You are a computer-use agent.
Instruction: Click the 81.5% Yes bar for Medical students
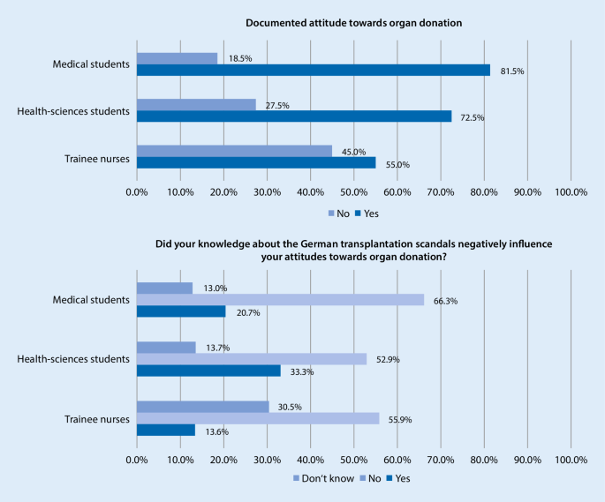pyautogui.click(x=314, y=70)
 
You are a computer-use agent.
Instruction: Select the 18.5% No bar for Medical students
pyautogui.click(x=177, y=58)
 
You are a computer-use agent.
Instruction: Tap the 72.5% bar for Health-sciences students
pyautogui.click(x=294, y=116)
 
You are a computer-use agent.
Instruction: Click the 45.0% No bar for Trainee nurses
pyautogui.click(x=234, y=150)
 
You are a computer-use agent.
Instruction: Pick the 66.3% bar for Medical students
pyautogui.click(x=280, y=300)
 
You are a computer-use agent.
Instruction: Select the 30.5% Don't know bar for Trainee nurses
pyautogui.click(x=203, y=407)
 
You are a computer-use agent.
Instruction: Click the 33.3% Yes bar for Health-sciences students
pyautogui.click(x=208, y=371)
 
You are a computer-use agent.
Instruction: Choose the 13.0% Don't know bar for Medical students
pyautogui.click(x=164, y=288)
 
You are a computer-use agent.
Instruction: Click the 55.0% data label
pyautogui.click(x=396, y=164)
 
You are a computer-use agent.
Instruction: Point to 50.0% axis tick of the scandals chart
pyautogui.click(x=353, y=459)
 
